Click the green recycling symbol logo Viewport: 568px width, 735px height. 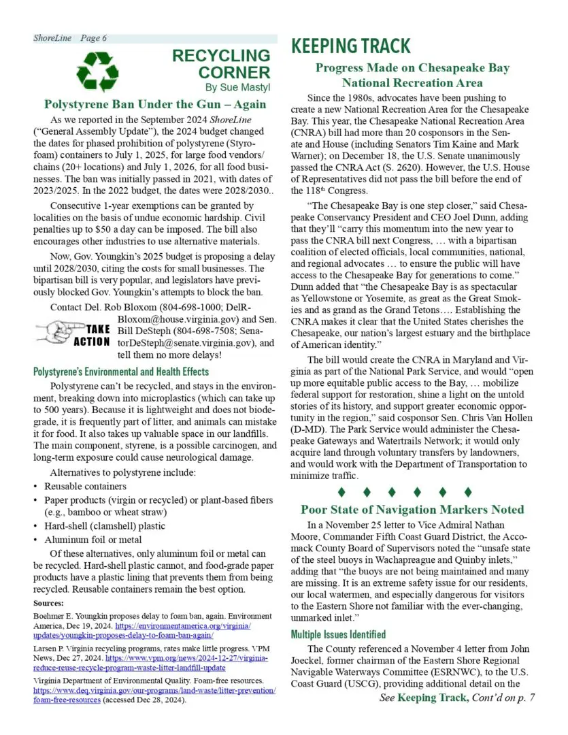97,68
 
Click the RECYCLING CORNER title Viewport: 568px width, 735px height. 220,63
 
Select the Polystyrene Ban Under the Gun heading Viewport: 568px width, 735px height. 154,105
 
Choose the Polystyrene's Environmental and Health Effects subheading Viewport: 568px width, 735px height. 121,372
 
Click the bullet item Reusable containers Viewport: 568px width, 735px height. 85,487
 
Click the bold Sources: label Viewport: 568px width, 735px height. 48,604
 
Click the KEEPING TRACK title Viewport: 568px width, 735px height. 351,46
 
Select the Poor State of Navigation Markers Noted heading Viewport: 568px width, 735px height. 412,509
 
